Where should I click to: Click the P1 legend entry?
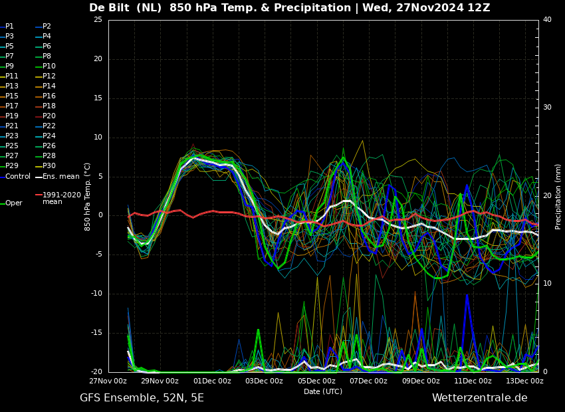7,27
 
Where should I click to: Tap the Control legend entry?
15,177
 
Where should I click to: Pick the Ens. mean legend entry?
57,177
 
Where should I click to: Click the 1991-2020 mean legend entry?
58,198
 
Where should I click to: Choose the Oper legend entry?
11,203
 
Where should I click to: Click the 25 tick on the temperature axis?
98,19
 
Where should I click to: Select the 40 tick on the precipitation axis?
547,19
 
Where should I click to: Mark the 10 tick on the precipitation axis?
547,284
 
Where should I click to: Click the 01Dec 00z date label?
213,381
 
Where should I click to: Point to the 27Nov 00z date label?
108,381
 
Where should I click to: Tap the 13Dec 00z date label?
525,381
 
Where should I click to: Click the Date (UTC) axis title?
323,391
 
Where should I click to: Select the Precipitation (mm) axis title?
558,196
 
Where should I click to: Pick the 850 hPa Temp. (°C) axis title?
87,197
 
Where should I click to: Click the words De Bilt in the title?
110,7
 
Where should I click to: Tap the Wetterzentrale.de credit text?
480,398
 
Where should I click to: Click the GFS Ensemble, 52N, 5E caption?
142,398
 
